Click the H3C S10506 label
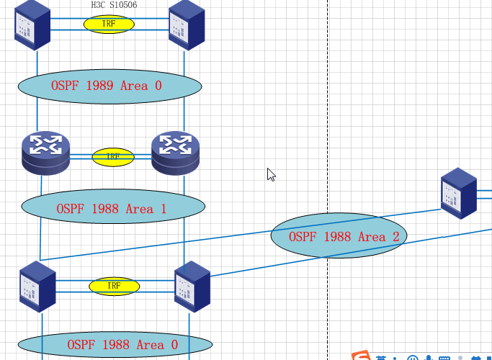114,5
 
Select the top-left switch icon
32,24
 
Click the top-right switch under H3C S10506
187,24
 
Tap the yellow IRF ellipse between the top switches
109,24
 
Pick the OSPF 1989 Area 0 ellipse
109,86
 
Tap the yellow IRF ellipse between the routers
113,156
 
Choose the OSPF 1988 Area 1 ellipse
113,208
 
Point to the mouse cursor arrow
271,174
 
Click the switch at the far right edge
459,193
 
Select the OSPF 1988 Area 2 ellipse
339,235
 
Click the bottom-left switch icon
37,286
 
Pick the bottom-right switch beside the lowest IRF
192,286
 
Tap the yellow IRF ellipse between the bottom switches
114,286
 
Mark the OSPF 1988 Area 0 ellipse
115,345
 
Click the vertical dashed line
328,108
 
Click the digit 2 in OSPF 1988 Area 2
395,236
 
